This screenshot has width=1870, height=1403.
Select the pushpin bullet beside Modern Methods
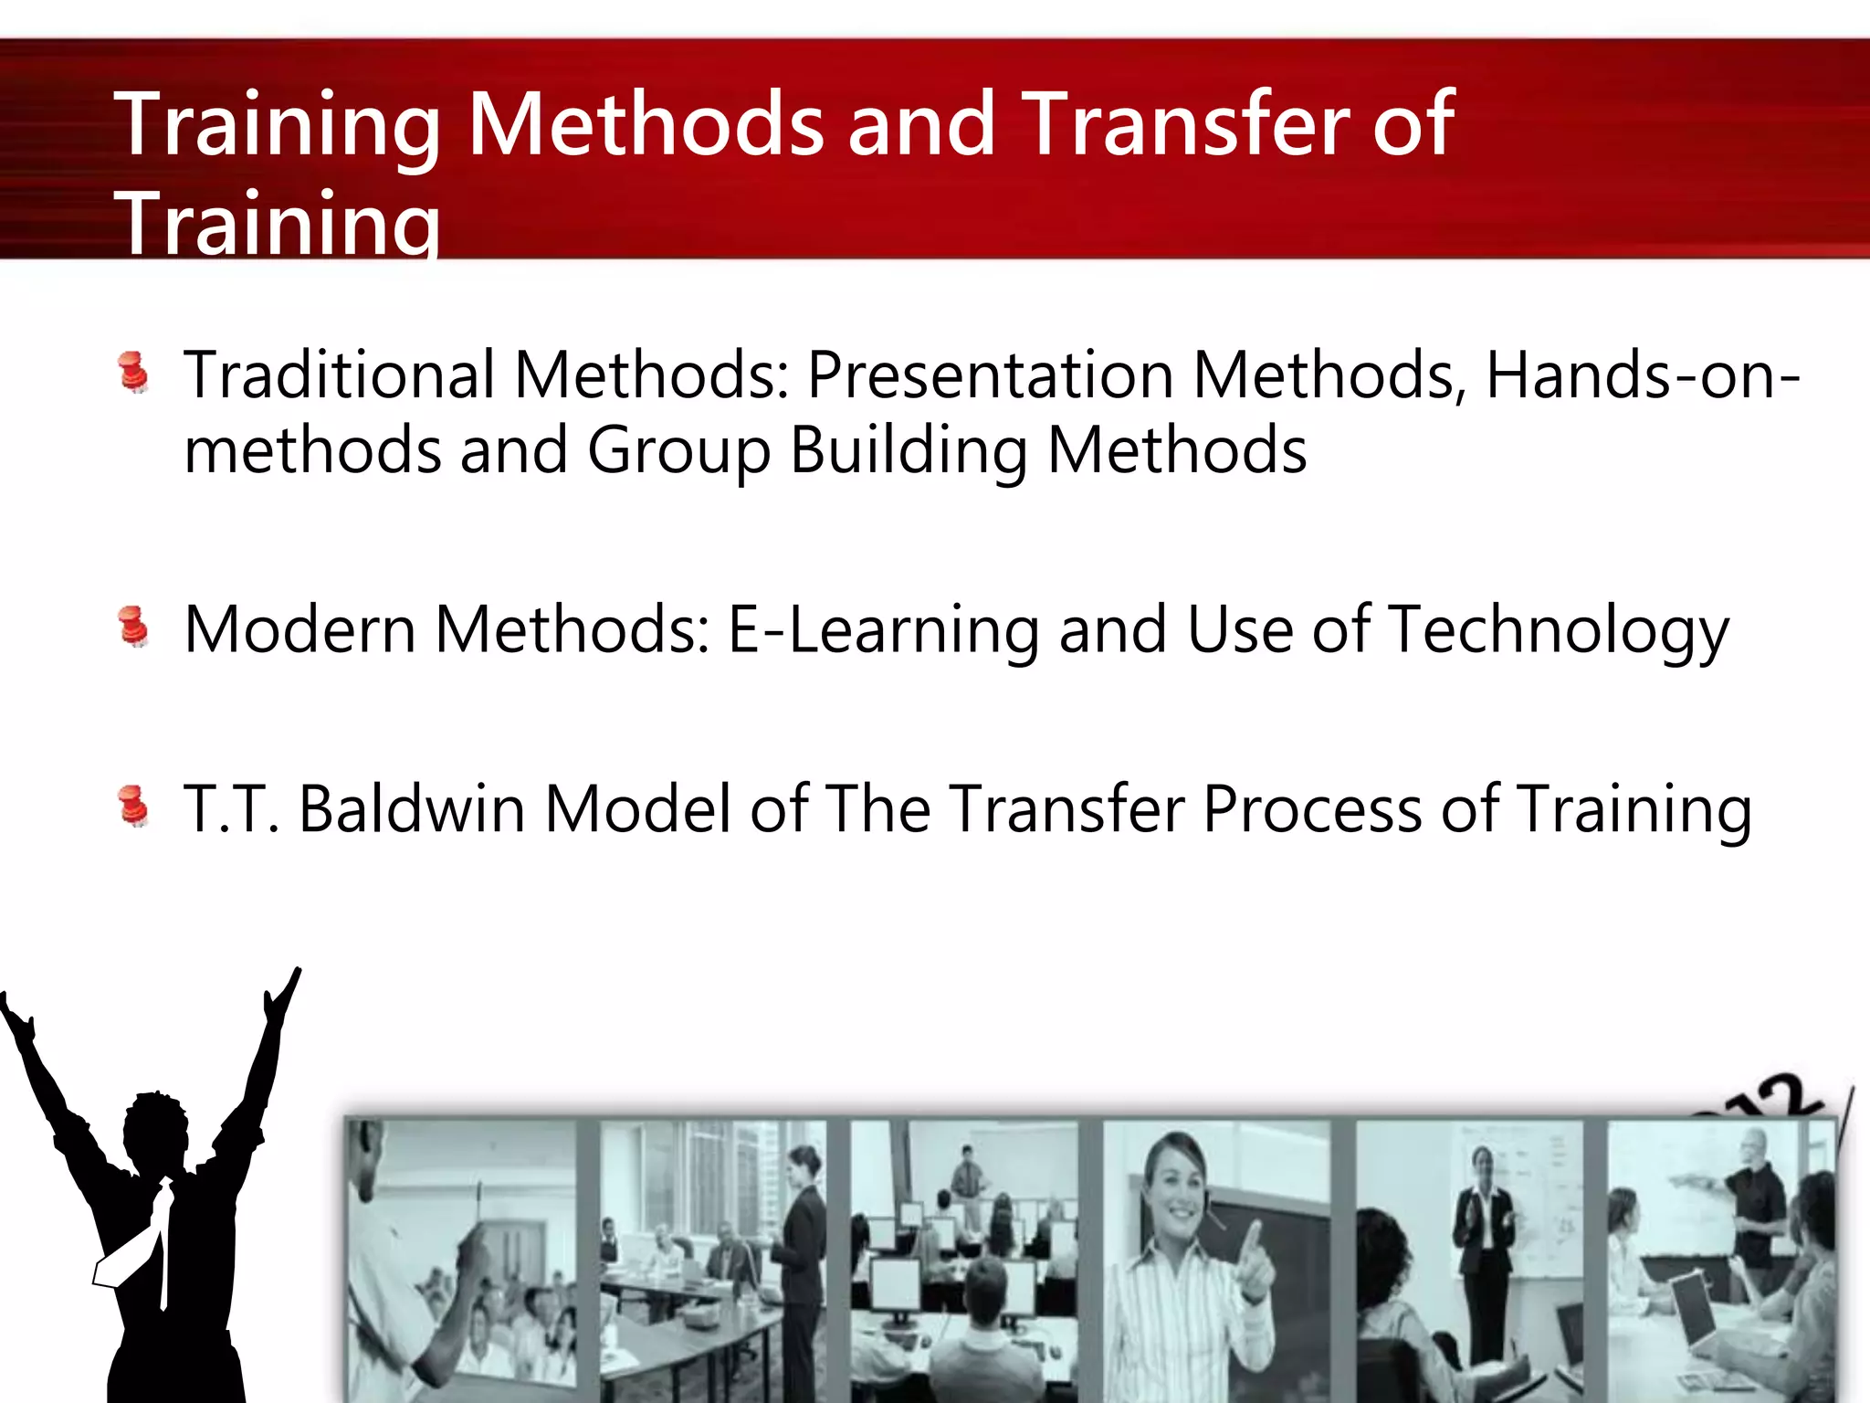point(134,628)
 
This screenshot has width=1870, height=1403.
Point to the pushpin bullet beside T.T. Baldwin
point(134,807)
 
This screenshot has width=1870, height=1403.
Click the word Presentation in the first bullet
point(990,375)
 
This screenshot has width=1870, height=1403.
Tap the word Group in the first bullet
point(678,451)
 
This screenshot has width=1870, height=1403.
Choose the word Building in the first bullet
point(909,451)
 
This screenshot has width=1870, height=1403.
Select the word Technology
point(1559,630)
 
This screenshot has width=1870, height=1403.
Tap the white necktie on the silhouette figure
point(151,1242)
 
